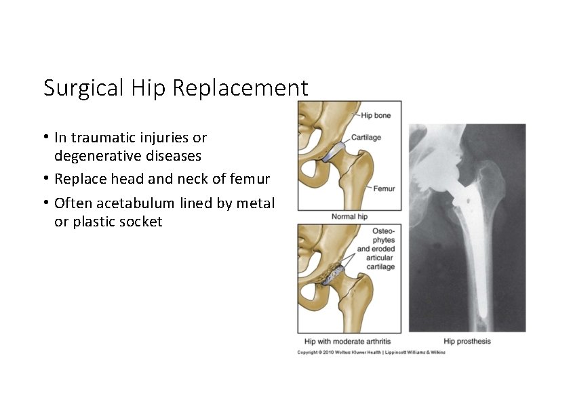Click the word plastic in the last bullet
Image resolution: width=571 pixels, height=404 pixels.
(92, 222)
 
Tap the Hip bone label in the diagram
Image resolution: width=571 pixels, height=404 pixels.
(376, 116)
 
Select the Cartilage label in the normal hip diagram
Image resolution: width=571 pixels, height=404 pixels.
(366, 138)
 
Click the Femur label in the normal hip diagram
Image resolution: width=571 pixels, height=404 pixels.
(384, 188)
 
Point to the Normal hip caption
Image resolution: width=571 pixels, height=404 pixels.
(349, 217)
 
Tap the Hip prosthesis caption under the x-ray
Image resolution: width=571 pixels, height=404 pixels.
(467, 341)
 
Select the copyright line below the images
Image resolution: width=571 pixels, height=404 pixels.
(371, 352)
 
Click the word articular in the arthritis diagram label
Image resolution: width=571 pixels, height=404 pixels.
(380, 258)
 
